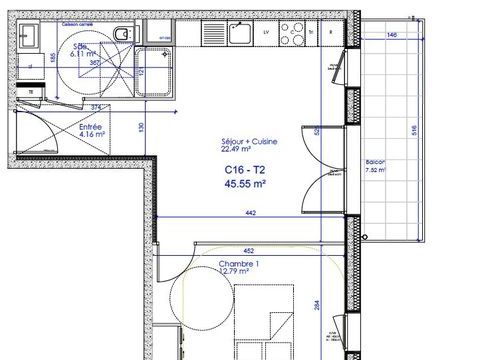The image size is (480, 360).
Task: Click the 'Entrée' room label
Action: [91, 129]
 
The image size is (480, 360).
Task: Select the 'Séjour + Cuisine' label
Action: [249, 141]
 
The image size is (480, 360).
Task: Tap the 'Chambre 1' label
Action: [239, 263]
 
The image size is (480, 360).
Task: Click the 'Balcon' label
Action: [376, 163]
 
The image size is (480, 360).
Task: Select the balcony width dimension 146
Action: [392, 34]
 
